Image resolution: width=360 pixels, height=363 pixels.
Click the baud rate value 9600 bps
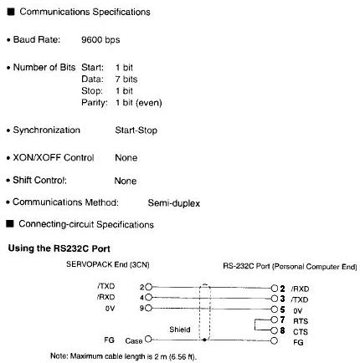100,40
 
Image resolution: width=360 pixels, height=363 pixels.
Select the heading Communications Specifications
85,12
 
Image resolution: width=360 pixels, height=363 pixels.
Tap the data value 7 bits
126,79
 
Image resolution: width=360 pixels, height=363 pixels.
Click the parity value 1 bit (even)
139,103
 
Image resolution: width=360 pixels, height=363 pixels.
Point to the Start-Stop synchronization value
136,130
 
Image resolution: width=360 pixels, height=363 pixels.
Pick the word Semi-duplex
174,203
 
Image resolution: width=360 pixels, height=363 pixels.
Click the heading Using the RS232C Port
59,248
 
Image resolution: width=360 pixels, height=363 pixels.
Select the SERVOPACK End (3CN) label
108,264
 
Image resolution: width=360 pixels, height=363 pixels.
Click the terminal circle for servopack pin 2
149,287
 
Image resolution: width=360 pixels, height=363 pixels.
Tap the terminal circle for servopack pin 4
149,298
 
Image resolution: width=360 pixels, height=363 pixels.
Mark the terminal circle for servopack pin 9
149,308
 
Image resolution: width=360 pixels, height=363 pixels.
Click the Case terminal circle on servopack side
148,340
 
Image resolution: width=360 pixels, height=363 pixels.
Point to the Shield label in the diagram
180,330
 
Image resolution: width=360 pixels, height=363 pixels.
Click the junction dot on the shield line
204,340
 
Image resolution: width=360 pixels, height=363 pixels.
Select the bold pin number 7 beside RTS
282,320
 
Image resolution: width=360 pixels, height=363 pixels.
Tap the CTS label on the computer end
301,332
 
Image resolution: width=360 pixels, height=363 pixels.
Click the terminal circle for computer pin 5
275,309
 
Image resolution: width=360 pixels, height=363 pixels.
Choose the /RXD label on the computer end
300,289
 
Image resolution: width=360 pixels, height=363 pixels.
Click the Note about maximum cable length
123,356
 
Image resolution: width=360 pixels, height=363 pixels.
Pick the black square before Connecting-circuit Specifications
10,223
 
